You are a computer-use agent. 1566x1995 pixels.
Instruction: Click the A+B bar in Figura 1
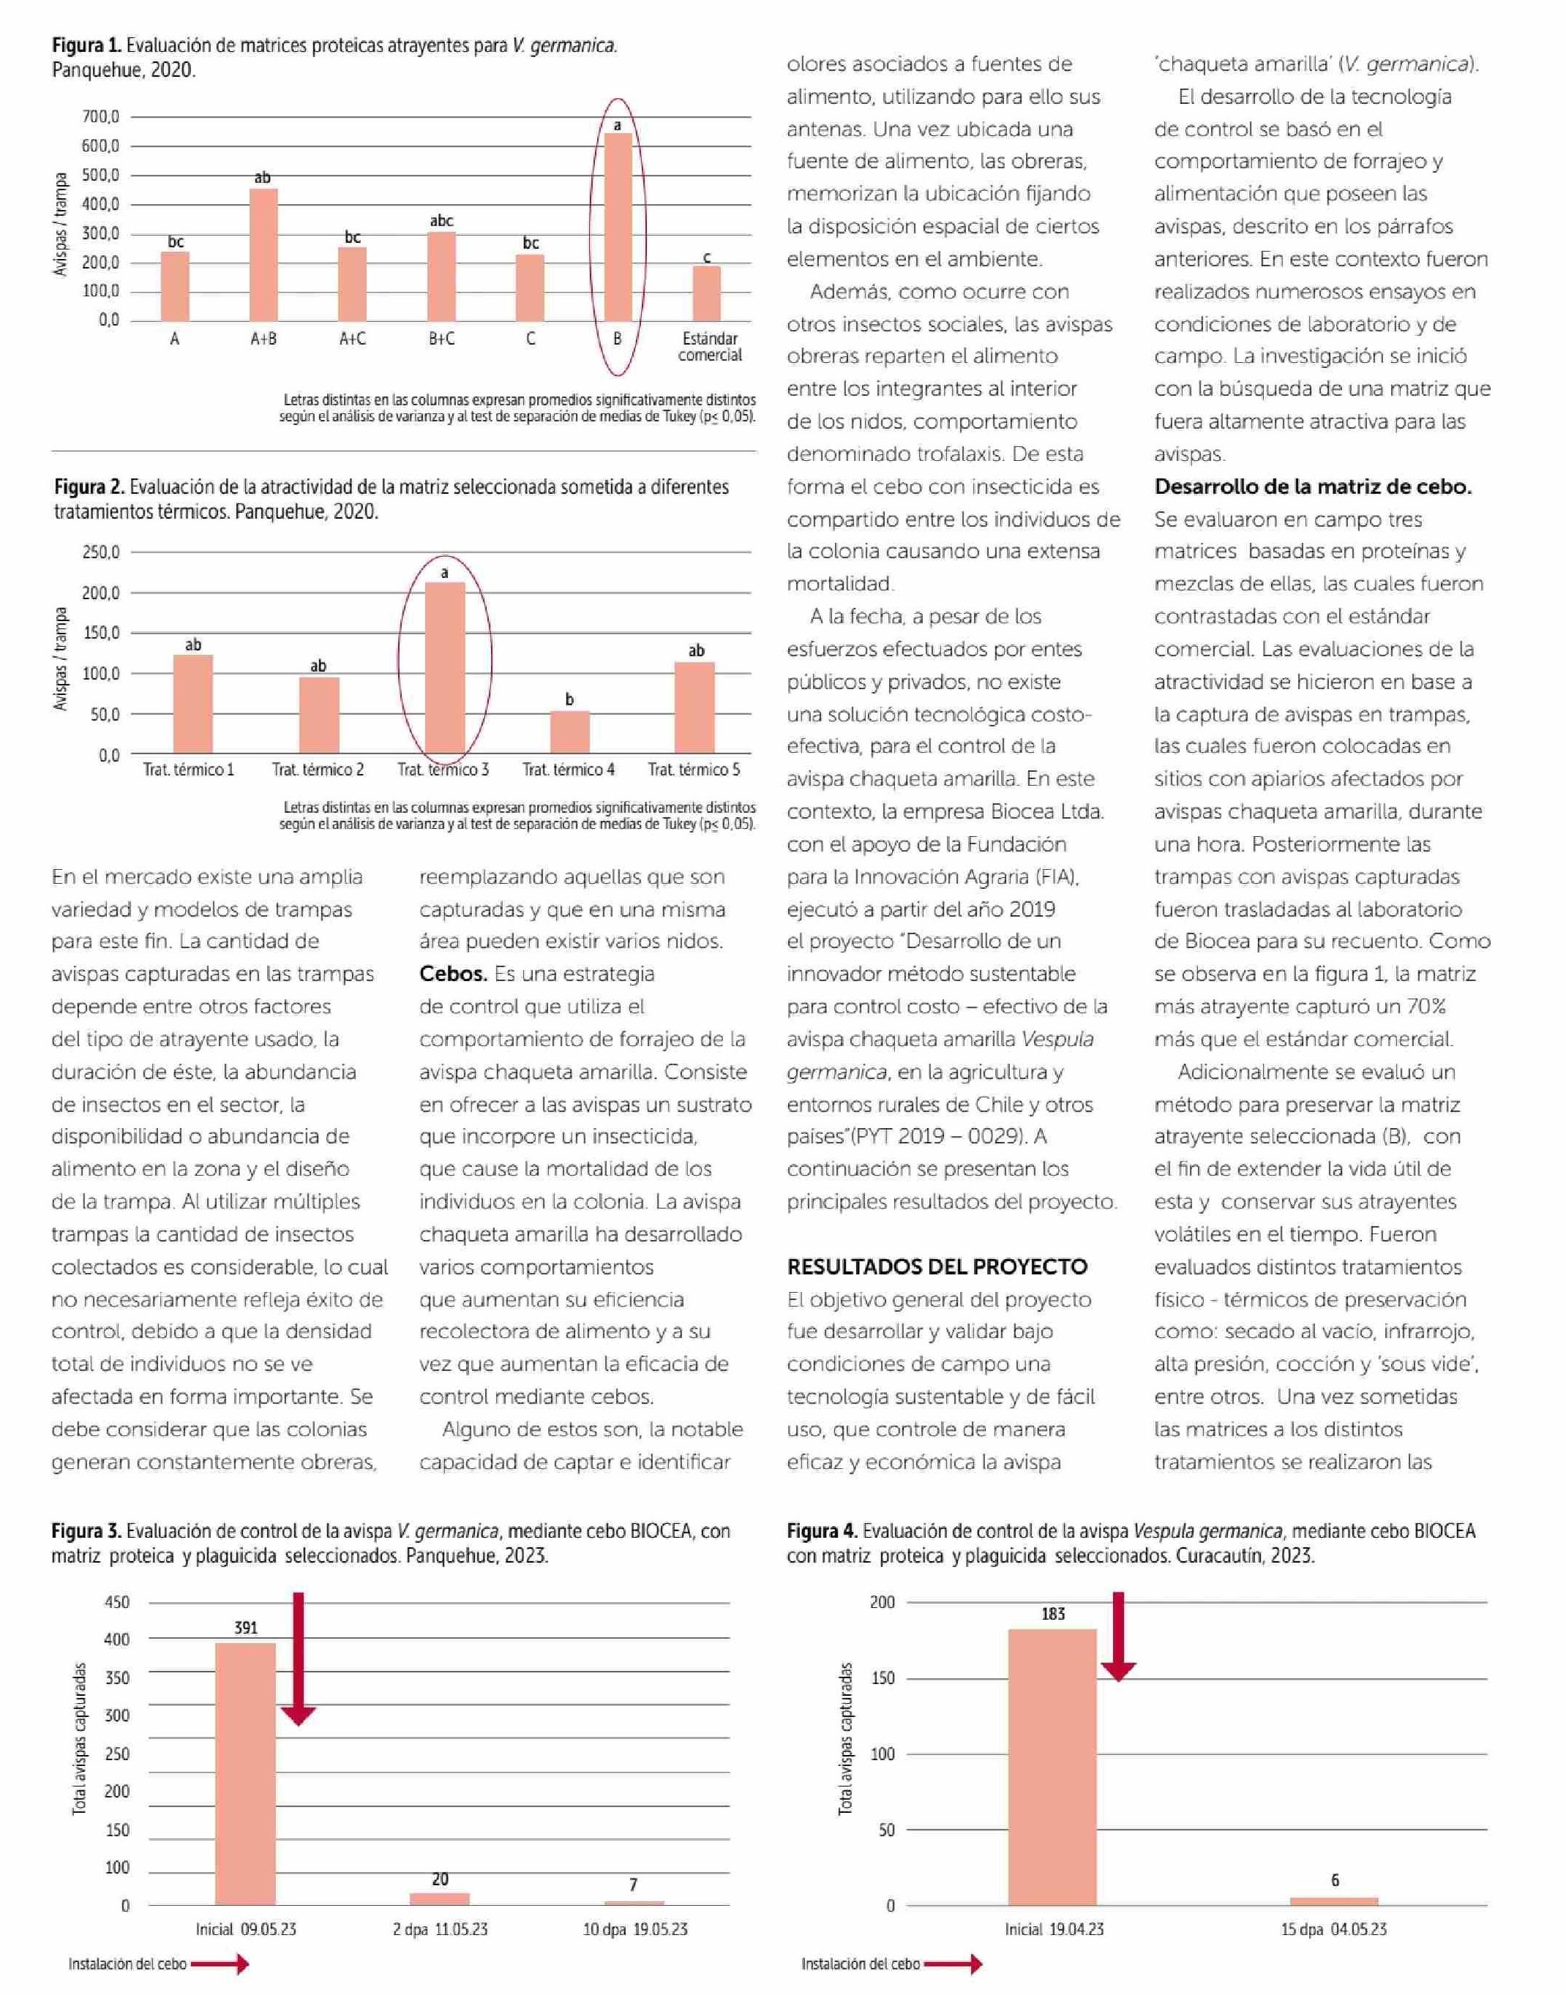tap(263, 255)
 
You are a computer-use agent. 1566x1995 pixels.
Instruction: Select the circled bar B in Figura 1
tap(618, 228)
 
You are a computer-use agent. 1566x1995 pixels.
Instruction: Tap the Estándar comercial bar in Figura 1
tap(707, 294)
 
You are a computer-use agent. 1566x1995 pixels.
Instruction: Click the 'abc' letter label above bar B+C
tap(441, 221)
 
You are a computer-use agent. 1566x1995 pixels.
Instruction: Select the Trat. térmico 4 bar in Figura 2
tap(569, 732)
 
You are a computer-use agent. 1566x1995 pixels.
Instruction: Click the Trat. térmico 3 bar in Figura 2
tap(445, 668)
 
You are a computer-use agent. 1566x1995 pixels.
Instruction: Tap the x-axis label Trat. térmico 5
tap(694, 770)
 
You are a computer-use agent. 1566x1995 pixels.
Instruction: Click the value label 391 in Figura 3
tap(246, 1628)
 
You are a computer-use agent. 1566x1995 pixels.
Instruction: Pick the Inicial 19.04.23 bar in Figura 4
tap(1052, 1767)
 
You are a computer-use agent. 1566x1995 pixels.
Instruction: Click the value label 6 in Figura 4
tap(1335, 1880)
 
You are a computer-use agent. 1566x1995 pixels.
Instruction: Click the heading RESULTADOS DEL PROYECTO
tap(937, 1267)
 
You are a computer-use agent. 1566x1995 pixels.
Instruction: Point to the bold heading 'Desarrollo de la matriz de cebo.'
tap(1313, 487)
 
